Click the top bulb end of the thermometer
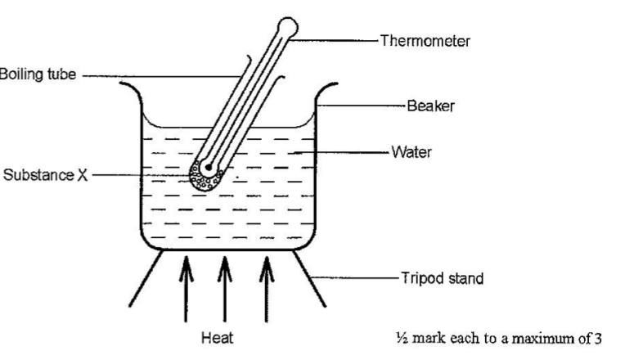coord(286,26)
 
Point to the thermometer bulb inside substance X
coord(209,169)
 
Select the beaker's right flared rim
coord(329,86)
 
